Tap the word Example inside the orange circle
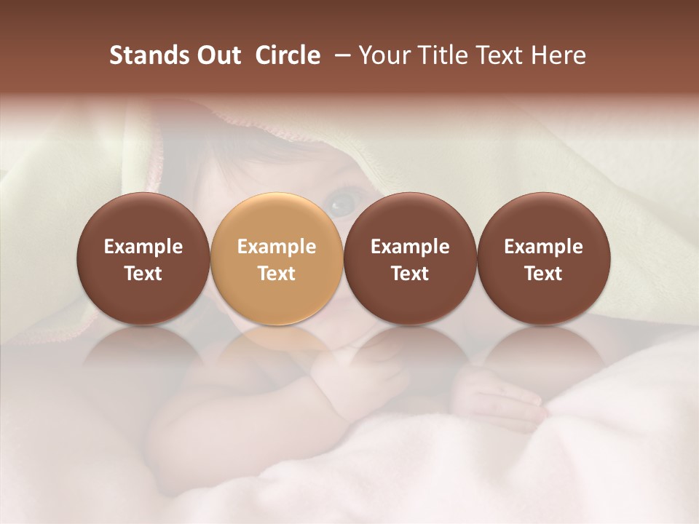point(277,247)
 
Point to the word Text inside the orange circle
point(277,274)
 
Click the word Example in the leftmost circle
point(143,247)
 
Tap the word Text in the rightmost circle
point(543,274)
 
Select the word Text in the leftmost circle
point(143,274)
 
